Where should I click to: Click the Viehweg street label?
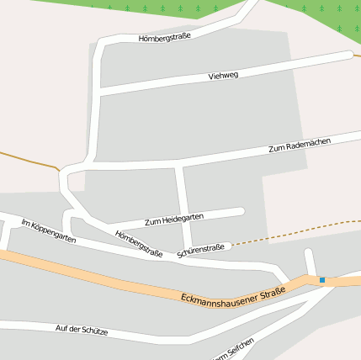coord(223,76)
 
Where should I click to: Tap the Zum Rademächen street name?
coord(300,144)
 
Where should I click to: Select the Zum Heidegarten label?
coord(174,220)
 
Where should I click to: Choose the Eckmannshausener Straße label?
coord(233,294)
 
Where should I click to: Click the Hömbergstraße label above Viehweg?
coord(165,37)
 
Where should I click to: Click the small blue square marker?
coord(321,279)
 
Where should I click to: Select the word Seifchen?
coord(241,346)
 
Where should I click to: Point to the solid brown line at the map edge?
coord(25,159)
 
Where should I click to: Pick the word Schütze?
coord(95,331)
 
